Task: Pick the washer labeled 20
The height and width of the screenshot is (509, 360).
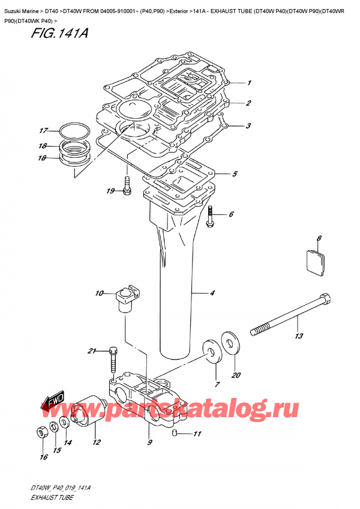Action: click(x=229, y=341)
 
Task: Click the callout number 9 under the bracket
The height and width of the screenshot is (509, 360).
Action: click(x=149, y=443)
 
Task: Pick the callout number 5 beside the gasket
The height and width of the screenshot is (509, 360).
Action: click(x=235, y=175)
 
